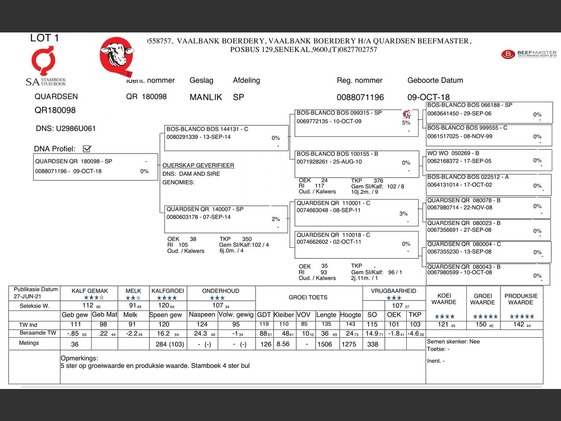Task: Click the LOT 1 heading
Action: pyautogui.click(x=44, y=38)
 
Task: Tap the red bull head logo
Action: pyautogui.click(x=117, y=56)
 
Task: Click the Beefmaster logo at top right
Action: pyautogui.click(x=529, y=54)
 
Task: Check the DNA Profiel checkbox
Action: pyautogui.click(x=87, y=149)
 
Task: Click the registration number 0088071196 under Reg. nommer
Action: pyautogui.click(x=360, y=97)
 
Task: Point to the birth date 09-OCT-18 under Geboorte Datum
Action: pyautogui.click(x=428, y=97)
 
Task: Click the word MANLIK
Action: pyautogui.click(x=206, y=97)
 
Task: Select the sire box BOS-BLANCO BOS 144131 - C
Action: pyautogui.click(x=226, y=137)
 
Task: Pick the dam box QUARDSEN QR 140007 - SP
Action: pyautogui.click(x=226, y=218)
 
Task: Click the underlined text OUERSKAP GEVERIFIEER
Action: pyautogui.click(x=198, y=165)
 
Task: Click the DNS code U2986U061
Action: pyautogui.click(x=75, y=128)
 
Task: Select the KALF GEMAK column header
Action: pyautogui.click(x=90, y=291)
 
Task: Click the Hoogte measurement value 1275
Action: pyautogui.click(x=349, y=344)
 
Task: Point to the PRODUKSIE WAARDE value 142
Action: pyautogui.click(x=519, y=324)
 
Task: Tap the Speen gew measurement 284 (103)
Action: pyautogui.click(x=170, y=344)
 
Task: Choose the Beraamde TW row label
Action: pyautogui.click(x=38, y=333)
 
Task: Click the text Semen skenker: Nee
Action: pyautogui.click(x=453, y=342)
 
